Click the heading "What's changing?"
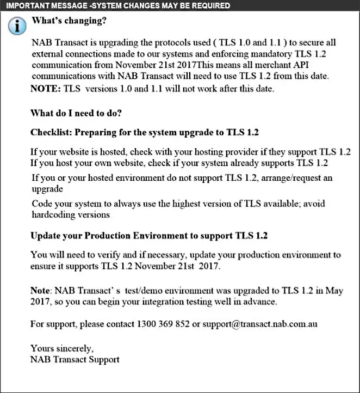(x=69, y=22)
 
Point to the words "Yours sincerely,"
(x=62, y=348)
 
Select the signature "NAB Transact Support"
(x=75, y=359)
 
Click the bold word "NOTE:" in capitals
(x=46, y=89)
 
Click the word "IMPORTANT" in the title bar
(x=26, y=5)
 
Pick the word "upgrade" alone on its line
(x=48, y=189)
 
